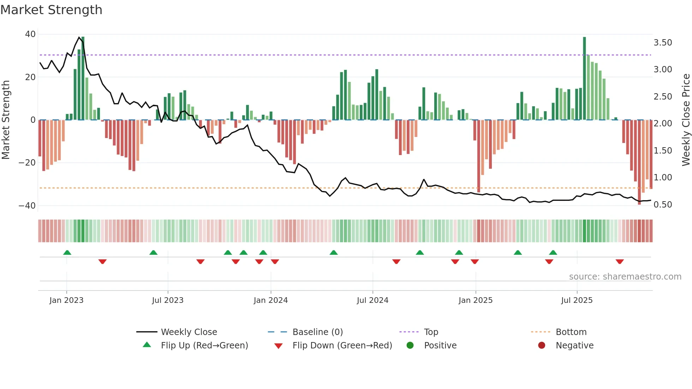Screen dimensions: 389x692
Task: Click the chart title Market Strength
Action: point(51,10)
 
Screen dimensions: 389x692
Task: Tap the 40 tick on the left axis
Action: point(30,34)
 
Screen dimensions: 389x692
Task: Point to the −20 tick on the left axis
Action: point(27,163)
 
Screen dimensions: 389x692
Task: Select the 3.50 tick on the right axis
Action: point(663,43)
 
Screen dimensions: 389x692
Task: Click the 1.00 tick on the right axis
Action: point(663,178)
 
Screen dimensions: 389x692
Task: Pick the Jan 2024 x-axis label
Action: point(270,300)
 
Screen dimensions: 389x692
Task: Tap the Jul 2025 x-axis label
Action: point(577,300)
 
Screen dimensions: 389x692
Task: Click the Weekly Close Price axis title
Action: point(686,120)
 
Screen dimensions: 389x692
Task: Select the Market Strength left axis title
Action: point(6,120)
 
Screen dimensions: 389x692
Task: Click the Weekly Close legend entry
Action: point(189,332)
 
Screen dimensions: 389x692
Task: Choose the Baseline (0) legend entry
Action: point(317,332)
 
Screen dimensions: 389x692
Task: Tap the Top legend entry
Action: point(431,332)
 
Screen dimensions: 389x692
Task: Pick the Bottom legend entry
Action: point(571,332)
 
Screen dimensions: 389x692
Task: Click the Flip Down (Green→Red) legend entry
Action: point(342,346)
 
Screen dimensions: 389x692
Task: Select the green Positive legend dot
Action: point(410,346)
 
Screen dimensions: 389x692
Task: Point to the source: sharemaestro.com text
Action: point(625,277)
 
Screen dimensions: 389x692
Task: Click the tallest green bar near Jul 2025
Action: point(584,78)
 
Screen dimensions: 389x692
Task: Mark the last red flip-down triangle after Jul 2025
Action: point(620,262)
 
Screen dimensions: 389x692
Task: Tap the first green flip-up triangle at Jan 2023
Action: point(67,252)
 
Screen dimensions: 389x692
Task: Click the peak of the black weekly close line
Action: point(79,37)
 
